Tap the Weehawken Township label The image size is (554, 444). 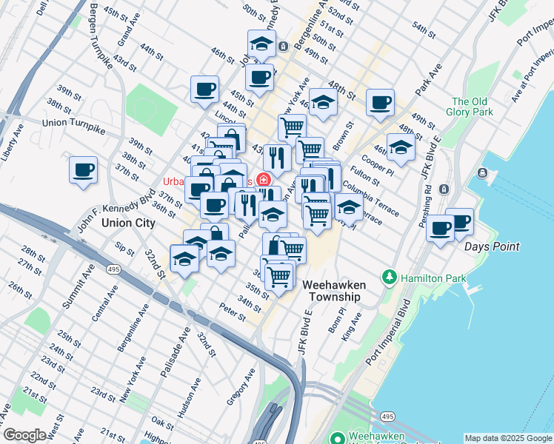(x=330, y=290)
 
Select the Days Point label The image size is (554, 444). (x=492, y=246)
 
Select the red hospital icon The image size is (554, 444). (x=264, y=181)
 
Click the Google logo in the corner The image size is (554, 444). (x=24, y=435)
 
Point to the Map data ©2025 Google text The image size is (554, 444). (x=507, y=438)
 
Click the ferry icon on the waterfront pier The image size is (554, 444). (x=483, y=174)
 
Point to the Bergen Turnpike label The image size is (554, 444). (x=102, y=36)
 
